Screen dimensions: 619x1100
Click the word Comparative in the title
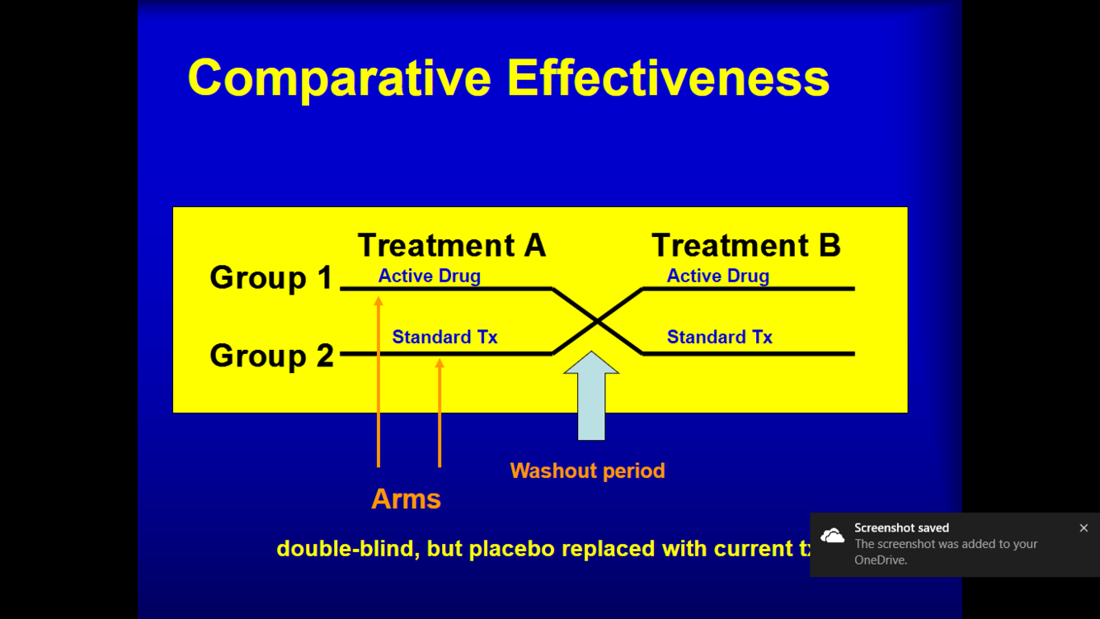click(x=339, y=78)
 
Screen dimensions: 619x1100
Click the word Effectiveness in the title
click(x=668, y=78)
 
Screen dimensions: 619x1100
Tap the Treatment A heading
click(x=452, y=245)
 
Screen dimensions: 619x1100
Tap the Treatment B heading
click(x=746, y=245)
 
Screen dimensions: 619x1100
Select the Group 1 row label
click(x=270, y=277)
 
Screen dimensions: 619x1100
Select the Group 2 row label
click(x=271, y=355)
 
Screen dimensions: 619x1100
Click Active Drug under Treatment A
click(x=429, y=276)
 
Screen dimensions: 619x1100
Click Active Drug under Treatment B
click(x=717, y=276)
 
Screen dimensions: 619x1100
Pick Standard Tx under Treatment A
click(x=444, y=337)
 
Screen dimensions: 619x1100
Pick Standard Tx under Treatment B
click(x=719, y=337)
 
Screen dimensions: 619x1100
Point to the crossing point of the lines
click(x=597, y=321)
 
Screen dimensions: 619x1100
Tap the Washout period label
click(x=587, y=471)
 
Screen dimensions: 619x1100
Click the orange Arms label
click(x=406, y=499)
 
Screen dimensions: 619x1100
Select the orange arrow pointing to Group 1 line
click(x=378, y=384)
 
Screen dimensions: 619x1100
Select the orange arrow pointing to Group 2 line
click(x=440, y=413)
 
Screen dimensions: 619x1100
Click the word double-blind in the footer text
click(x=346, y=549)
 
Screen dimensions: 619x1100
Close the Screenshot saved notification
click(x=1084, y=528)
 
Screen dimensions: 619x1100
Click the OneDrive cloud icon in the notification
click(x=833, y=536)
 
